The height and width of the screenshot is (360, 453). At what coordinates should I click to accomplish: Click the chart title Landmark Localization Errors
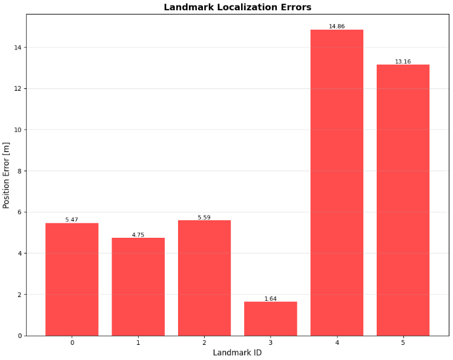[237, 7]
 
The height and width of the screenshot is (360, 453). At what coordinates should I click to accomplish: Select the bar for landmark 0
[71, 280]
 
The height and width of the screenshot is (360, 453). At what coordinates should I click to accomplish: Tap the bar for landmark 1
[138, 287]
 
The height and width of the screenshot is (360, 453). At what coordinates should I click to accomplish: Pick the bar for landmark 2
[204, 278]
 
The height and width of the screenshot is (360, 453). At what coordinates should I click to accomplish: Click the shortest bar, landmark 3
[270, 319]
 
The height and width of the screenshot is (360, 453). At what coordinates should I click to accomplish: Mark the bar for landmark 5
[403, 200]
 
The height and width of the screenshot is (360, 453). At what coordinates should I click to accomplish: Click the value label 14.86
[337, 27]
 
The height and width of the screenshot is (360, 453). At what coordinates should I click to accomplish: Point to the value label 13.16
[403, 62]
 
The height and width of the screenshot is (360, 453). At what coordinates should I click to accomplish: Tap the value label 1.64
[270, 299]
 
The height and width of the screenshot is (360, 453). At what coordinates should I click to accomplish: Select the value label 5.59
[204, 218]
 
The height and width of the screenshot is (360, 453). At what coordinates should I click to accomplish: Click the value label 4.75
[138, 235]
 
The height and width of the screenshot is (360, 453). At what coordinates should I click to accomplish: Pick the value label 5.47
[71, 220]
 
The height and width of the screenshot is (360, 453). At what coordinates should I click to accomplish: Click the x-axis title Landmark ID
[237, 353]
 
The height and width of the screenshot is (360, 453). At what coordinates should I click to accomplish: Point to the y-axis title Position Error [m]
[7, 175]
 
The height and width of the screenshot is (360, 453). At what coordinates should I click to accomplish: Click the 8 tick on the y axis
[19, 171]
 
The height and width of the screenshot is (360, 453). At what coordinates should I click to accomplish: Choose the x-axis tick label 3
[270, 342]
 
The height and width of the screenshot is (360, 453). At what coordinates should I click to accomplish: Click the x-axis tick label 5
[403, 342]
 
